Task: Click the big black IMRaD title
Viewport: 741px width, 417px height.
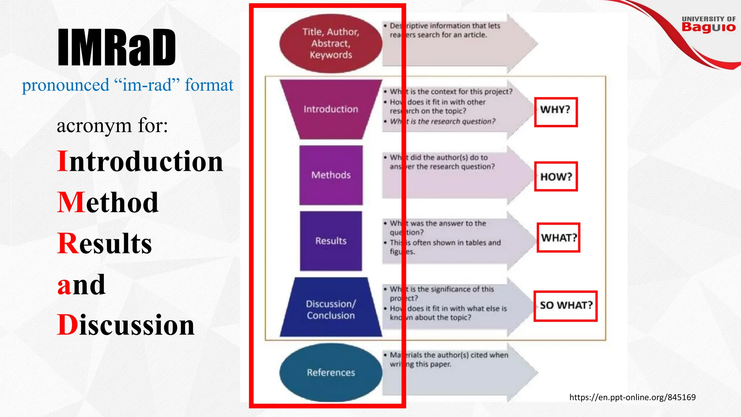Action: pos(117,47)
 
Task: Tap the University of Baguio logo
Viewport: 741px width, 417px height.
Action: pos(708,24)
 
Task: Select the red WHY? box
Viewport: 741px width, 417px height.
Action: pos(556,112)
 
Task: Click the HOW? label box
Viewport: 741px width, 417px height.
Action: pos(556,177)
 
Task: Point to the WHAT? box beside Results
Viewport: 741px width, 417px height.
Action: pos(558,238)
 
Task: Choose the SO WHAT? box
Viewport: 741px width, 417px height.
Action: pos(566,306)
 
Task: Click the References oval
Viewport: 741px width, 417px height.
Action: pos(331,372)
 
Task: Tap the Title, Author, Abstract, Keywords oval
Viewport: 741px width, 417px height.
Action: pos(331,43)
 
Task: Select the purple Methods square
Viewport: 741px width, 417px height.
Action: pos(331,175)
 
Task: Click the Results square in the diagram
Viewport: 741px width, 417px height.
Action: pos(331,241)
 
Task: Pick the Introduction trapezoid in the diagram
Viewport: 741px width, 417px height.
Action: pos(331,109)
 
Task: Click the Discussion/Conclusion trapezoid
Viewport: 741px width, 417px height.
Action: pos(331,309)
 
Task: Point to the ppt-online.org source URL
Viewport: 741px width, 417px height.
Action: pos(632,397)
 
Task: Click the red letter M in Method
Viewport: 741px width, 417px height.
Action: pos(71,202)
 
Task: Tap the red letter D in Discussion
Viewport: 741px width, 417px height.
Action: pos(67,325)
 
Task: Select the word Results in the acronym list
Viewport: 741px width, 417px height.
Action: pos(105,243)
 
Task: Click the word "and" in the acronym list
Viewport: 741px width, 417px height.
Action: pos(81,285)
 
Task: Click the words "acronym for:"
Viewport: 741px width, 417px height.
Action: pos(112,126)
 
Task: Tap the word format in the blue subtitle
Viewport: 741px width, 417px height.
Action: pos(209,85)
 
